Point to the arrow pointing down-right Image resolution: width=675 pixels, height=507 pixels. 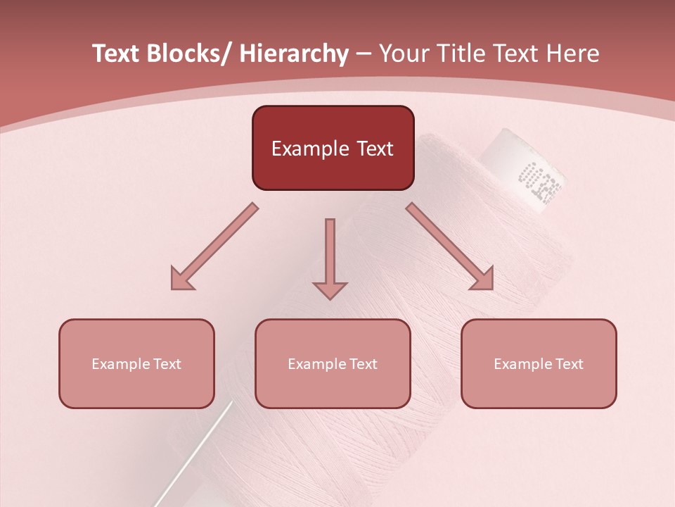[x=450, y=247]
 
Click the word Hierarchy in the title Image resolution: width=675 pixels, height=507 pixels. [x=294, y=54]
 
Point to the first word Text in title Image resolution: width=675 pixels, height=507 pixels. [x=115, y=54]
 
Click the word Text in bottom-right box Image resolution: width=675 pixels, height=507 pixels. [x=569, y=364]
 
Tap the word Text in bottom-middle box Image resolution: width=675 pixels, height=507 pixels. [x=363, y=364]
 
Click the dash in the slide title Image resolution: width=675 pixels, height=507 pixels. [x=364, y=54]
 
